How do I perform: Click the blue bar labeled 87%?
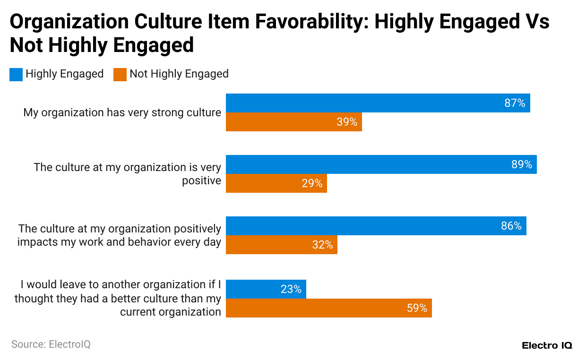point(378,103)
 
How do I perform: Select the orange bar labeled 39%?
point(293,122)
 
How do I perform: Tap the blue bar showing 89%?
point(381,164)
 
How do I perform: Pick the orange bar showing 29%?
point(276,183)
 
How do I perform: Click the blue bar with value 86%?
point(376,226)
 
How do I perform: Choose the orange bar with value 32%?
point(281,245)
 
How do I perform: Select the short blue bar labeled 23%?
point(266,289)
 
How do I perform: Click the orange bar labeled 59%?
point(328,308)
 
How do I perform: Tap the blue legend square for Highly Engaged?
point(16,74)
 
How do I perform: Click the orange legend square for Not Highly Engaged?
point(120,74)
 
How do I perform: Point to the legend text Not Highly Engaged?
point(179,74)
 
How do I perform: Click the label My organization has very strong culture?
point(122,112)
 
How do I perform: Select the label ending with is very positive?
point(127,174)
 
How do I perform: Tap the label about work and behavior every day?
point(119,235)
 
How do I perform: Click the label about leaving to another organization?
point(118,298)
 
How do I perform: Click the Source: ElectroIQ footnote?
point(51,344)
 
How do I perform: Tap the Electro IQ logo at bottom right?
point(547,345)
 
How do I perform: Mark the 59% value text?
point(417,308)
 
